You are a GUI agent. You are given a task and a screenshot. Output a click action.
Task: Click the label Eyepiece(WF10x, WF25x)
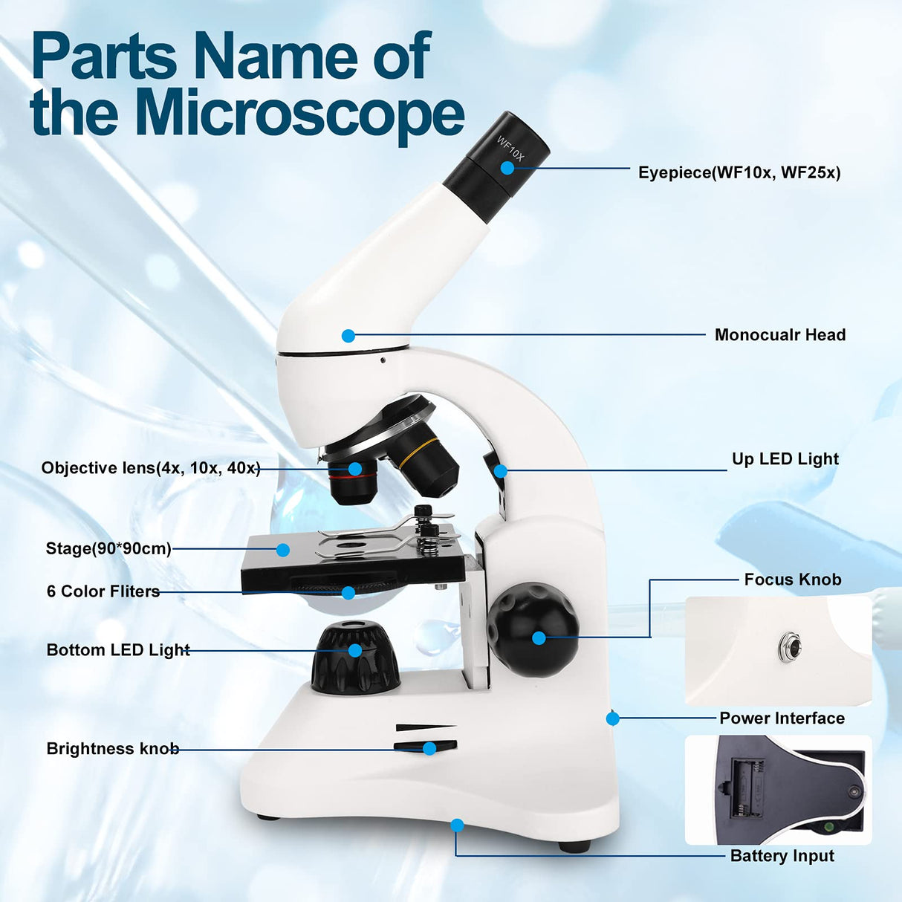pos(739,172)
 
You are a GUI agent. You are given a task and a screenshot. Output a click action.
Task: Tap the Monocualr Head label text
pos(779,335)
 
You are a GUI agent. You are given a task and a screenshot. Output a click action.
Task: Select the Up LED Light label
pos(785,459)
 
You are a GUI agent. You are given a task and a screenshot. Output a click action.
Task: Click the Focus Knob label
pos(792,580)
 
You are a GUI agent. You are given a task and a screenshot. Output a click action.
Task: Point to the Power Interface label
pos(782,718)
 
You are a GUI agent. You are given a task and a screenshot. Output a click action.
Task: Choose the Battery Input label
pos(782,856)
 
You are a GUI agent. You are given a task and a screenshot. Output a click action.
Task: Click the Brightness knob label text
pos(112,748)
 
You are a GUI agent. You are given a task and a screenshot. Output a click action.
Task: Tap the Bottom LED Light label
pos(118,650)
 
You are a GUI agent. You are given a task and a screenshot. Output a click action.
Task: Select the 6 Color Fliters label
pos(103,591)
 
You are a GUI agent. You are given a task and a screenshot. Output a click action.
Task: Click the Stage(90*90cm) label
pos(108,549)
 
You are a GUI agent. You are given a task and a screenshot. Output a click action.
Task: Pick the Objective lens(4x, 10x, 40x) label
pos(151,468)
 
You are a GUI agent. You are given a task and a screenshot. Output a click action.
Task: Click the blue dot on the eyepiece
pos(507,168)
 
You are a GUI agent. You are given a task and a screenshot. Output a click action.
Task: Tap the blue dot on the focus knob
pos(539,637)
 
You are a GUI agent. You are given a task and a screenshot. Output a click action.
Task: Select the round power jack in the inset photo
pos(789,647)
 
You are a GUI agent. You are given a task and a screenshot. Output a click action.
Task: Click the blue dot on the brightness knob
pos(429,748)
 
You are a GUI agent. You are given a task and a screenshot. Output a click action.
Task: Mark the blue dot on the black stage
pos(282,550)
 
